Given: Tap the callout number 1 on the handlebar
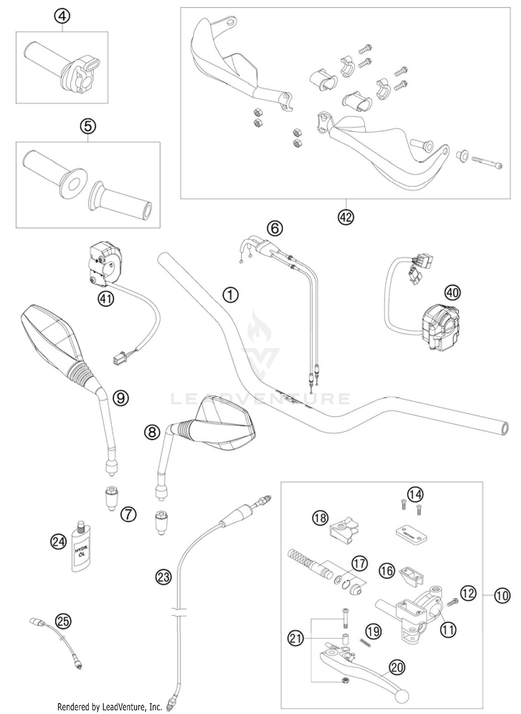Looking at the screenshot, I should [x=230, y=295].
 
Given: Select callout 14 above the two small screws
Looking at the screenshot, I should [x=415, y=494].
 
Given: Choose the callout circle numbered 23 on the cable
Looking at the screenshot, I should [x=163, y=577].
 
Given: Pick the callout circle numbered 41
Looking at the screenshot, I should [x=106, y=298].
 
